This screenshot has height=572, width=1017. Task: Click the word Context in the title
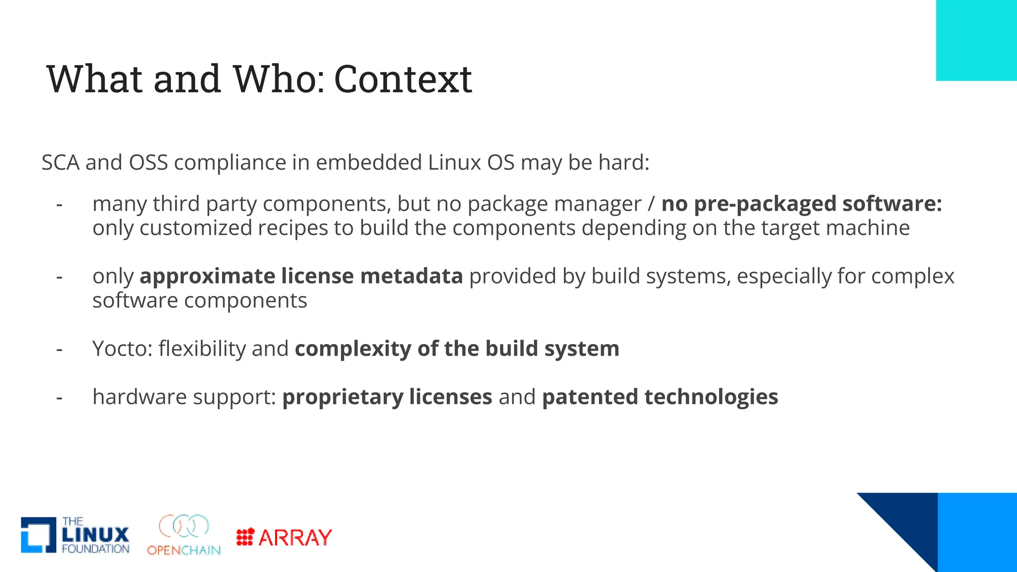403,79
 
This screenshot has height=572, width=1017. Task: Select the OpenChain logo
184,535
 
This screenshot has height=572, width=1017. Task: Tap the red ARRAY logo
284,537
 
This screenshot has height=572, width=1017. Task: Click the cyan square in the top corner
976,40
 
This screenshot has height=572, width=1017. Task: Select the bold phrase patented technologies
660,397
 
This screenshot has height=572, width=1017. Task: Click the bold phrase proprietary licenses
387,397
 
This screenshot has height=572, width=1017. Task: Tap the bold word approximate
207,276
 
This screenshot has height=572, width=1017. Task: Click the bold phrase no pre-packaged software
801,204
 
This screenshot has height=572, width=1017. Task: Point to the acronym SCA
60,163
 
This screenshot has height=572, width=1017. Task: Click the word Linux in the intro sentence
454,163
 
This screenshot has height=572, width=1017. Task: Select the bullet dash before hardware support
60,397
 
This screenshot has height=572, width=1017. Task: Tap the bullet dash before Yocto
60,349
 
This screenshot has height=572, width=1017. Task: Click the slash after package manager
652,204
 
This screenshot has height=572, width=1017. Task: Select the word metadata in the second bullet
412,276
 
